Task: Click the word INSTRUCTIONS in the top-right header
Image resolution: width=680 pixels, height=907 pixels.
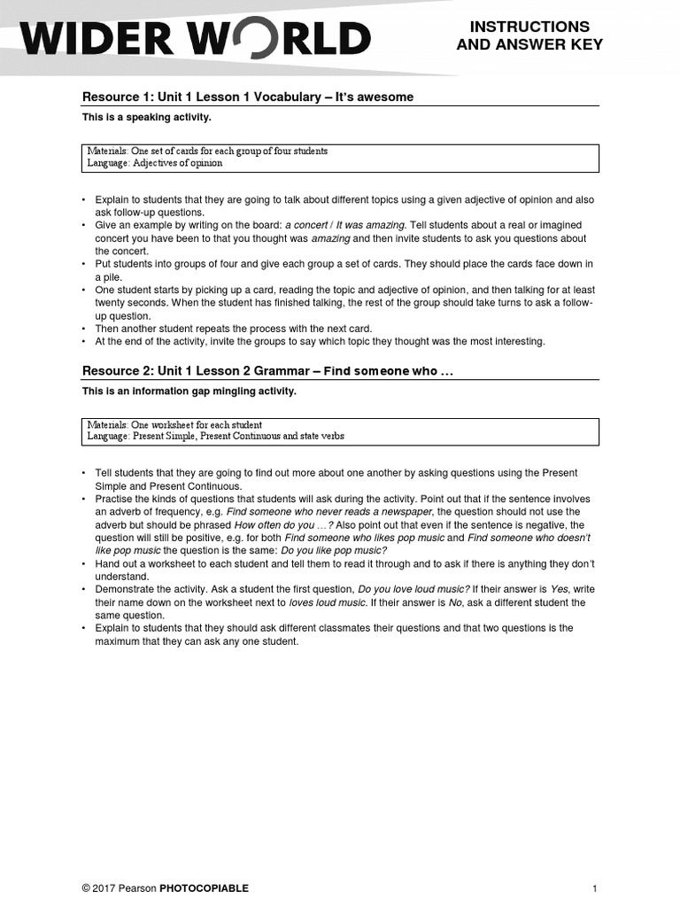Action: (529, 27)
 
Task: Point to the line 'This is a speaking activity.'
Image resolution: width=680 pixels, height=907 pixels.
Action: (147, 117)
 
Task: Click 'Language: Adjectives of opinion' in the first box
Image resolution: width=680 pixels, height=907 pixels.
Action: (155, 163)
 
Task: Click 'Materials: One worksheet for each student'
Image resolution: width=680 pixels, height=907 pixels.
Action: (174, 425)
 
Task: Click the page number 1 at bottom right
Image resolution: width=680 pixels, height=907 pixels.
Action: (595, 888)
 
